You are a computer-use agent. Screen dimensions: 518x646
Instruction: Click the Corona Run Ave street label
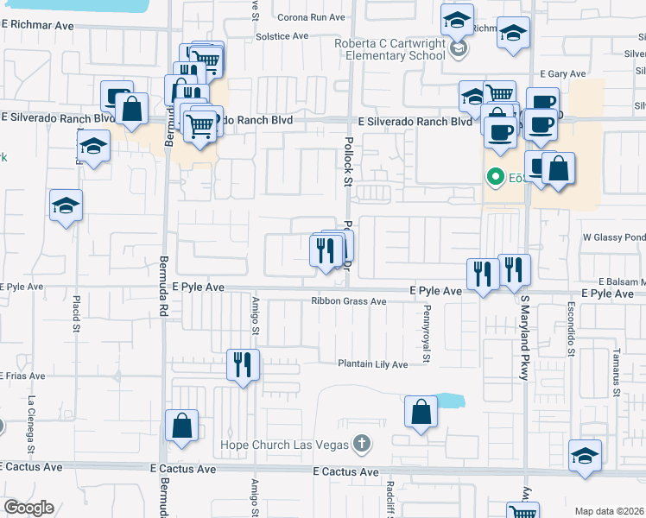pyautogui.click(x=316, y=17)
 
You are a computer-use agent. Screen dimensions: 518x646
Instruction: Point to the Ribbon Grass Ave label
pyautogui.click(x=349, y=302)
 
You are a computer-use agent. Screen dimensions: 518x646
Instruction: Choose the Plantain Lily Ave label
pyautogui.click(x=372, y=364)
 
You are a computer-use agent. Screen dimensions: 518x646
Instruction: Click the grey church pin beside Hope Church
pyautogui.click(x=362, y=445)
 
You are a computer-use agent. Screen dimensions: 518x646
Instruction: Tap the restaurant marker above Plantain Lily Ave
pyautogui.click(x=243, y=363)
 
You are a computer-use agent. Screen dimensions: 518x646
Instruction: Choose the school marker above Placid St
pyautogui.click(x=66, y=206)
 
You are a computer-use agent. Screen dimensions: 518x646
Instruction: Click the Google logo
pyautogui.click(x=28, y=508)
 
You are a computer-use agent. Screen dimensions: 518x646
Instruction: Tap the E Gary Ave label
pyautogui.click(x=558, y=75)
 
